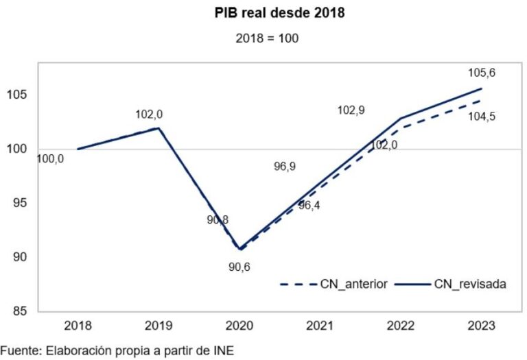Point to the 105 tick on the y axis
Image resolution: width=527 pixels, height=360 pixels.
(x=16, y=95)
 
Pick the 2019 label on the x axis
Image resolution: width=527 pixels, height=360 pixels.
(x=159, y=326)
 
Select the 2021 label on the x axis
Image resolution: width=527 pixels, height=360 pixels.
(x=320, y=326)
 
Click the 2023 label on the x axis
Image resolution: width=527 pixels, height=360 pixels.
(x=481, y=326)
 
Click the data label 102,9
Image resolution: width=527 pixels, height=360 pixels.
(x=351, y=110)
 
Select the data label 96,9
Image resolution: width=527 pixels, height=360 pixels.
(x=285, y=166)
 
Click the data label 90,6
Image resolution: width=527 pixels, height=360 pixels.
(x=239, y=267)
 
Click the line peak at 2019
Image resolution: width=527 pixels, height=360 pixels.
(x=159, y=128)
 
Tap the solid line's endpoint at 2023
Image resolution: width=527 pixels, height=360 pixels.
(x=481, y=88)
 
